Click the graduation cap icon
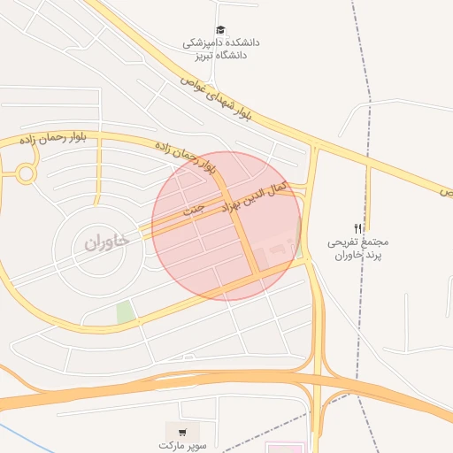(220, 30)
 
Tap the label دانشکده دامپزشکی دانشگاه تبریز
(221, 48)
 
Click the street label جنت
(193, 211)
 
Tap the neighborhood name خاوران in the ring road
(107, 240)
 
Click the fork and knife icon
(358, 227)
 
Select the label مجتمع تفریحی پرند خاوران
(358, 248)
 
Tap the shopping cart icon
(183, 433)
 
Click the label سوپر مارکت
(183, 446)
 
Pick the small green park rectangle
(126, 311)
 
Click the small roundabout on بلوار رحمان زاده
(26, 173)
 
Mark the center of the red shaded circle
(226, 226)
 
